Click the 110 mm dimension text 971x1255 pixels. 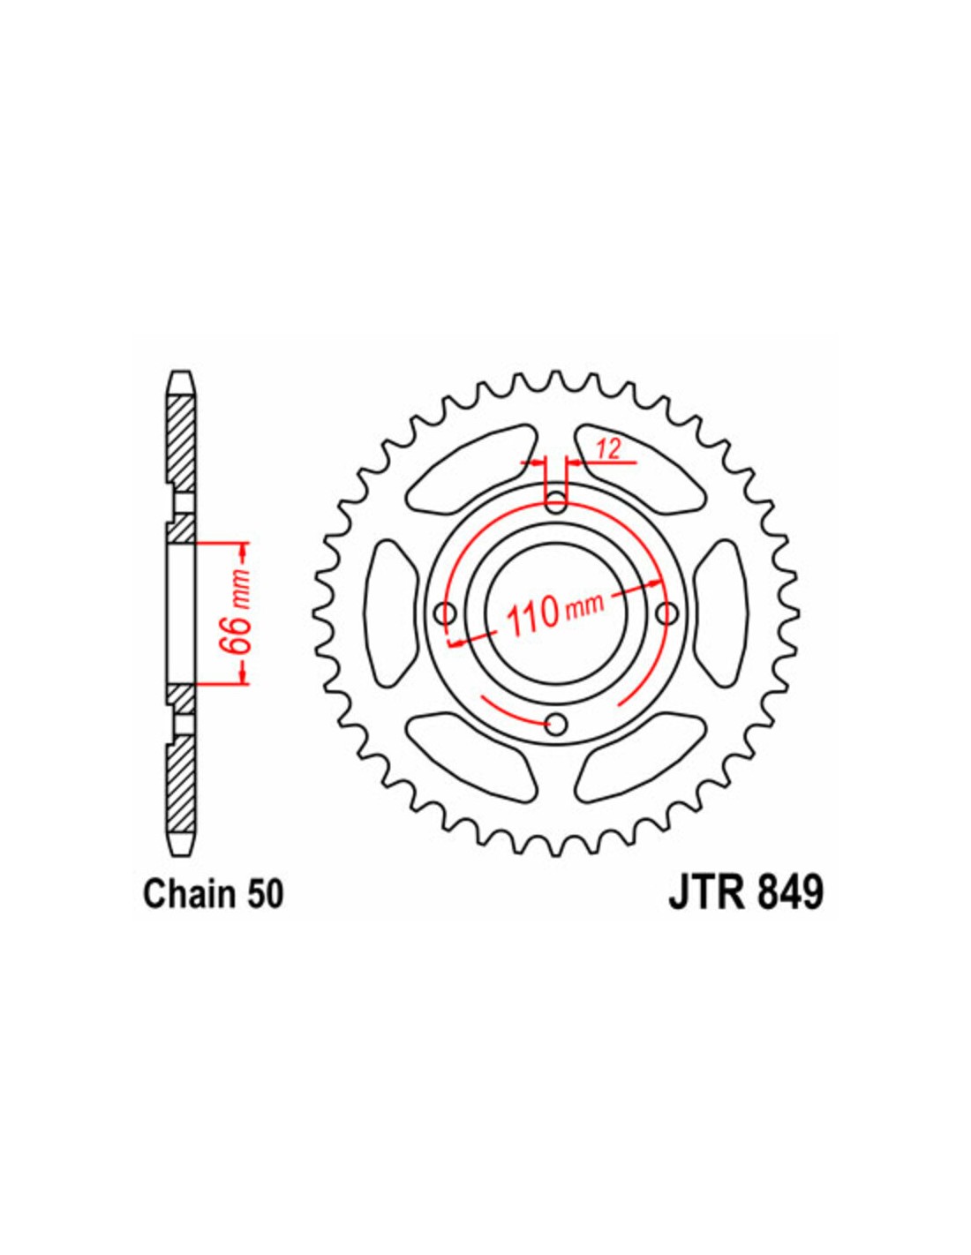555,615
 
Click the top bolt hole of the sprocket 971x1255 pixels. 556,500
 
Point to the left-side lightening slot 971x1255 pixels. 393,612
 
